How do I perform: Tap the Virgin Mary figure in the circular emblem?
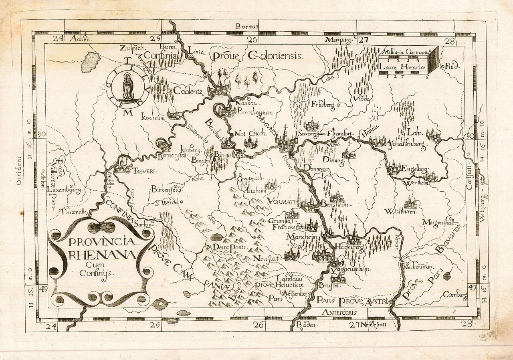127,87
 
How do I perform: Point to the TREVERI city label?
143,171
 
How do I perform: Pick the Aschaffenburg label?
405,143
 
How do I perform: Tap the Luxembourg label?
65,189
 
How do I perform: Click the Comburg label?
455,295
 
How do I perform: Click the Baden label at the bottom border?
306,326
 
